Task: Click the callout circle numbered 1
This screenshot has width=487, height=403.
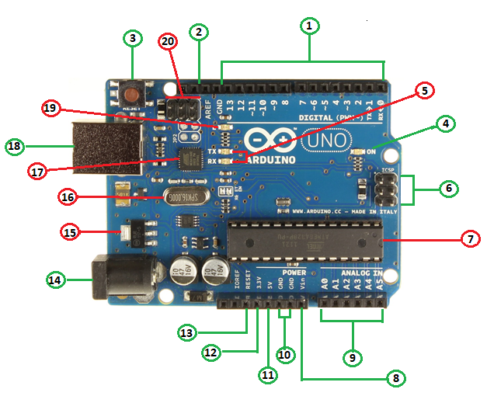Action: coord(309,26)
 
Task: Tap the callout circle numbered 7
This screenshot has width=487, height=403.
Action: coord(469,239)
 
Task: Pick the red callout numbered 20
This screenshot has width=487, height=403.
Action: coord(169,41)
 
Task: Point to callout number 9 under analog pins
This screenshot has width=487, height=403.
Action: coord(353,357)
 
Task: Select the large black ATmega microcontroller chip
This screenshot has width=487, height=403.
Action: coord(304,239)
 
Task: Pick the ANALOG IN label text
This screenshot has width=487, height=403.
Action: coord(356,274)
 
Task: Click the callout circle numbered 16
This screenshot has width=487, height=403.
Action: coord(68,197)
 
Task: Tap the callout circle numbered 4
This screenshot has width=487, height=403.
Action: coord(446,123)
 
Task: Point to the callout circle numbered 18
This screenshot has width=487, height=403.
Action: coord(15,145)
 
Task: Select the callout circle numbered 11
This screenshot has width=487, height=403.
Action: coord(267,374)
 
